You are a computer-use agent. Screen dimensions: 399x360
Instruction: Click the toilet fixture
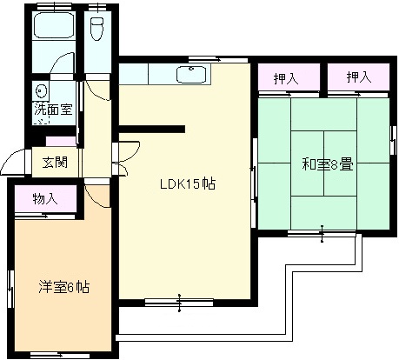96,28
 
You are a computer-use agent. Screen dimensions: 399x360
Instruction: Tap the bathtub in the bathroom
54,25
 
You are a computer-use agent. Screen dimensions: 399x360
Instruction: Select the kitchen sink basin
191,75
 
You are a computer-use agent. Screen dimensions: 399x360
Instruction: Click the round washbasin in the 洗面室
40,91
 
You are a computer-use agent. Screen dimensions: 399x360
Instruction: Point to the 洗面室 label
53,110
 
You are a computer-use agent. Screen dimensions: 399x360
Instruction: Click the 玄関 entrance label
55,163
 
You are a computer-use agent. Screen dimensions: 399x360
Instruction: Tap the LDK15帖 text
188,184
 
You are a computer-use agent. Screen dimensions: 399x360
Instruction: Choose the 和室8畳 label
328,164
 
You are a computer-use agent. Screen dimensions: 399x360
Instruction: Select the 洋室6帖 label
64,287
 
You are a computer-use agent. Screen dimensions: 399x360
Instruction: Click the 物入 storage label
45,199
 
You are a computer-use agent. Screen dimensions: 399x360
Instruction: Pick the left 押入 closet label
286,78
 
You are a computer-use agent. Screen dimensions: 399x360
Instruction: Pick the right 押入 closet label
359,77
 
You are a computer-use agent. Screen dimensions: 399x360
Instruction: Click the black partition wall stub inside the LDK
152,129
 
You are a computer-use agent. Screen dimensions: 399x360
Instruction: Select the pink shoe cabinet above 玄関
61,142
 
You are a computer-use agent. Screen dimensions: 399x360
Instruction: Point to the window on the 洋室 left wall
11,289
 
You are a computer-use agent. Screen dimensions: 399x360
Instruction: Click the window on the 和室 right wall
393,140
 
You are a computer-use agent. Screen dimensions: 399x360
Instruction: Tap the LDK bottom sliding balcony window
179,303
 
